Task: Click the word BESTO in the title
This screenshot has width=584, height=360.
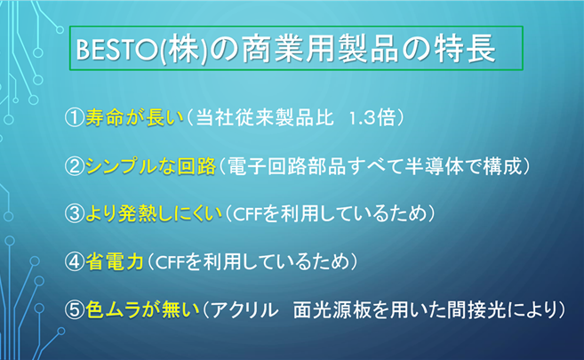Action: point(116,50)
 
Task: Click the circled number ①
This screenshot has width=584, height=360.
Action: point(75,117)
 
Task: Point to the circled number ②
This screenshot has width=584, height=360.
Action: point(75,166)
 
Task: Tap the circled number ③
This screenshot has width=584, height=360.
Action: point(75,214)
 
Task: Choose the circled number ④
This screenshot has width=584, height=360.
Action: point(75,261)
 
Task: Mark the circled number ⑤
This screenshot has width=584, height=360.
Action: point(75,309)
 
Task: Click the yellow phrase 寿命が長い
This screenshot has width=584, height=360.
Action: point(135,117)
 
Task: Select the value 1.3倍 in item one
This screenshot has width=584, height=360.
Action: point(372,118)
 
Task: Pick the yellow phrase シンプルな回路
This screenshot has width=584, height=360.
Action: point(150,166)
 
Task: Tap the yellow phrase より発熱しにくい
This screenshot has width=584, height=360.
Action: point(154,214)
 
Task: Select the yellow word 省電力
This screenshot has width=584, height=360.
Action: point(115,261)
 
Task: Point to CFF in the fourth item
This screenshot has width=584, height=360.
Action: point(170,263)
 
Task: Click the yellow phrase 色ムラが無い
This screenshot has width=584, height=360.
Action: point(142,309)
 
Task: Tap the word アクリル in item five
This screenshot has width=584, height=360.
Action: point(245,310)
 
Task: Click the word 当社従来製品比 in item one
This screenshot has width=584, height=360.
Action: point(265,117)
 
